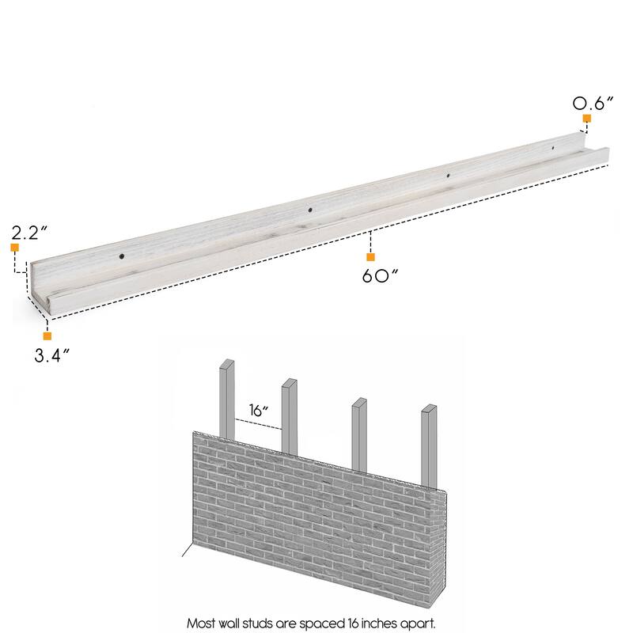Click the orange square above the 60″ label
370,257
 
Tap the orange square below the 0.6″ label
587,119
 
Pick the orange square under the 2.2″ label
14,248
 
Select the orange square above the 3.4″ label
47,336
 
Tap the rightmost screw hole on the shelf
553,147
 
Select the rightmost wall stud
429,443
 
